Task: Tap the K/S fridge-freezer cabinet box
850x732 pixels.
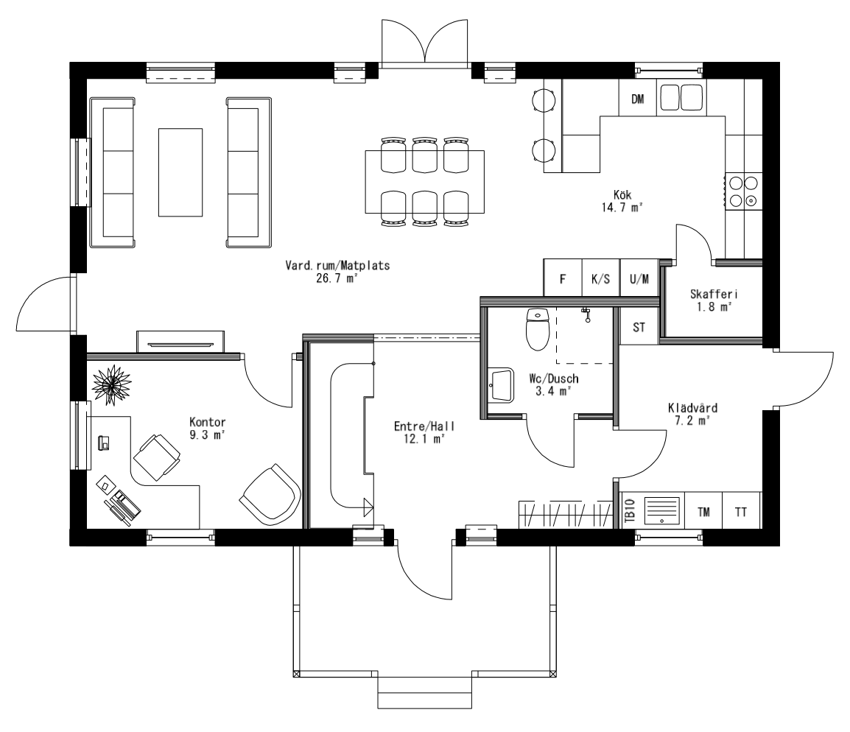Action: (x=600, y=279)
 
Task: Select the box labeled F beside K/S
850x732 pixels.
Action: (x=563, y=279)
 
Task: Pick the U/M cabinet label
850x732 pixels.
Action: (x=639, y=279)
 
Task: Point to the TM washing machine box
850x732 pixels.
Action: (x=703, y=512)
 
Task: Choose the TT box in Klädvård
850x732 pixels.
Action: (x=741, y=512)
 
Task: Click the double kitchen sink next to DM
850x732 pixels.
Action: (x=681, y=98)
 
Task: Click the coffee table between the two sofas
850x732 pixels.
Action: (x=180, y=171)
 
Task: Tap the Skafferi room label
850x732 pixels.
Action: (x=709, y=294)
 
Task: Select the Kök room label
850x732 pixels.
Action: (x=622, y=194)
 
